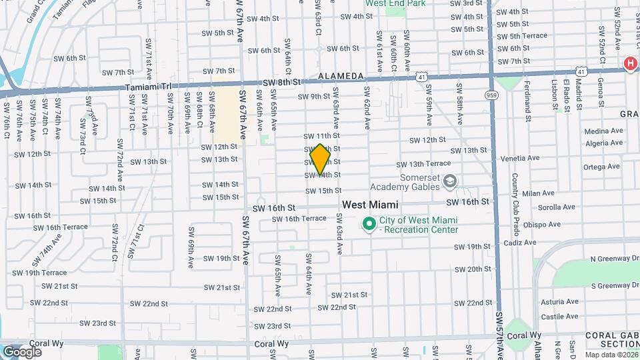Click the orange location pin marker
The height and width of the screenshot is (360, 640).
(x=321, y=159)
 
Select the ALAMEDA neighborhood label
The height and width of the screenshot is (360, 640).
(x=341, y=76)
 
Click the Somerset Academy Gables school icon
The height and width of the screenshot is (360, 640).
(x=451, y=181)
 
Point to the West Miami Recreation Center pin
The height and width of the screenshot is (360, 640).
(x=368, y=225)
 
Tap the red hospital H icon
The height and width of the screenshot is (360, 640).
(x=629, y=63)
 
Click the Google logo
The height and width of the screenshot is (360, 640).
(x=22, y=351)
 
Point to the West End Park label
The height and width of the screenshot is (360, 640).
(x=395, y=3)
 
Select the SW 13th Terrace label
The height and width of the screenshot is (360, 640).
(x=424, y=164)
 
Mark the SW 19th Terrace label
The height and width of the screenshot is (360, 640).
(x=37, y=273)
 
